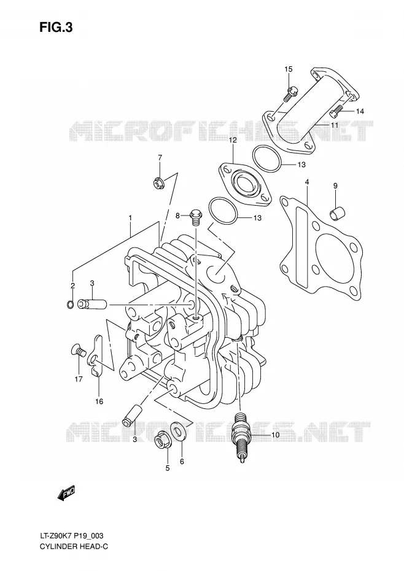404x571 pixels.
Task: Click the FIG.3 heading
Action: [x=56, y=28]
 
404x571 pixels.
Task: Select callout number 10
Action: [x=275, y=435]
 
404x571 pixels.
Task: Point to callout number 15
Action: [x=288, y=69]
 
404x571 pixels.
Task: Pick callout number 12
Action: [x=233, y=140]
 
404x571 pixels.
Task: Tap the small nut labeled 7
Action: [x=158, y=182]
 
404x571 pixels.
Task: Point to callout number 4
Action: [x=307, y=181]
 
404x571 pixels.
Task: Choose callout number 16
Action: [x=99, y=402]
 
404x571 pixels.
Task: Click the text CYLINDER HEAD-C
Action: [x=74, y=546]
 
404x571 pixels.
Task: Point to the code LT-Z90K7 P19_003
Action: [x=72, y=535]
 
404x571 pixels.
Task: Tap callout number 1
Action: [x=130, y=217]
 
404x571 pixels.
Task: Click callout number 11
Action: [x=334, y=125]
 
